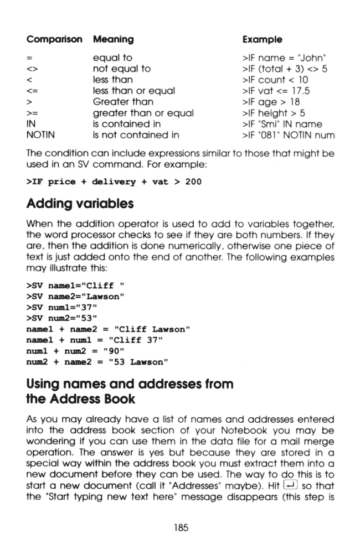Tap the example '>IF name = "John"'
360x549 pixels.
coord(282,56)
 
